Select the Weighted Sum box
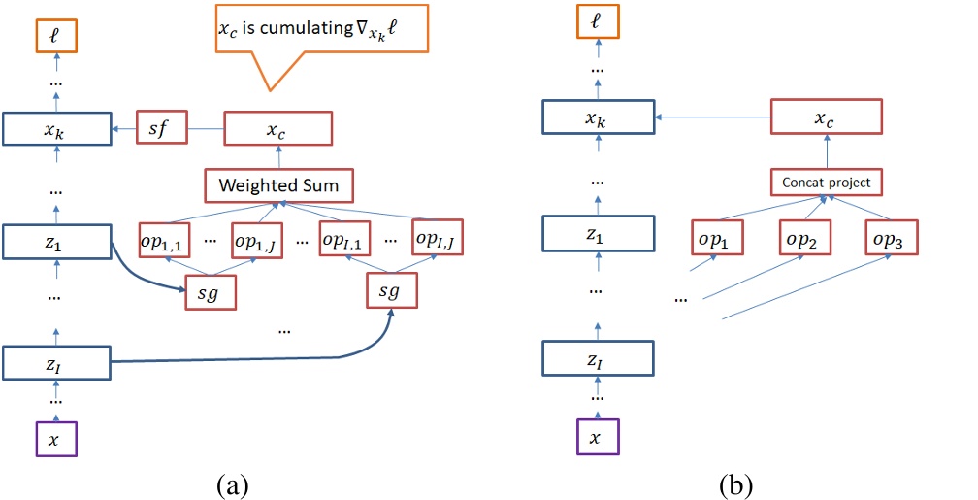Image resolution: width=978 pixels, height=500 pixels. point(277,184)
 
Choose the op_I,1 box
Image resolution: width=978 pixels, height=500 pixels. point(348,239)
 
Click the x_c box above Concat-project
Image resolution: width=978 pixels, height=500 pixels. point(827,117)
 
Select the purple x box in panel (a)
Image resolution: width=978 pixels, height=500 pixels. point(54,439)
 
